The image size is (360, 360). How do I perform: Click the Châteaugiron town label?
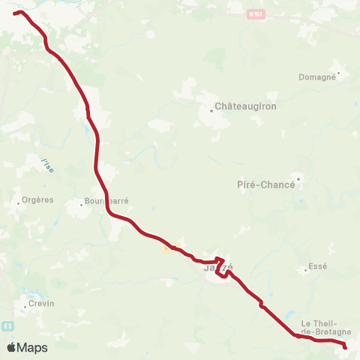tap(245, 106)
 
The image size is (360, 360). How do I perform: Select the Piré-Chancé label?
tap(265, 184)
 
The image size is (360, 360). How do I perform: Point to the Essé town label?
tap(318, 266)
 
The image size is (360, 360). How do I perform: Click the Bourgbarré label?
tap(105, 202)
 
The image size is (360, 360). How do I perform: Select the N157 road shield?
tap(256, 13)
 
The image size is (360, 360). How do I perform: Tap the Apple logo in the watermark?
tap(11, 347)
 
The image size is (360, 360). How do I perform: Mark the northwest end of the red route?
tap(15, 13)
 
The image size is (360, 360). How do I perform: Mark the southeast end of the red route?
tap(345, 346)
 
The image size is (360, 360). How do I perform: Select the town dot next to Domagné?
tap(339, 73)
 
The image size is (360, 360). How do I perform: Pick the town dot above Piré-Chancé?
tap(298, 178)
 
